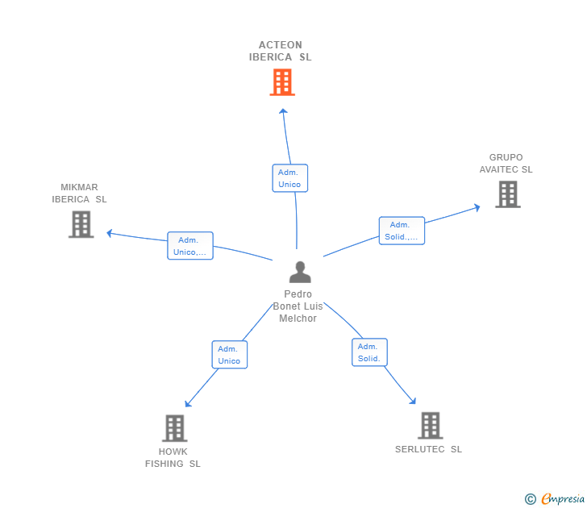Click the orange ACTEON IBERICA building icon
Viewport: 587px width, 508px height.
coord(282,82)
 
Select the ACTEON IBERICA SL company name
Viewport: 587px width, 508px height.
coord(280,52)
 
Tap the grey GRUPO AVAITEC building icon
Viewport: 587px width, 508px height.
coord(507,194)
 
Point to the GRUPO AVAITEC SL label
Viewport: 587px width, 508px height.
coord(506,164)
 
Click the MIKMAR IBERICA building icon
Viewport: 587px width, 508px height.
coord(81,224)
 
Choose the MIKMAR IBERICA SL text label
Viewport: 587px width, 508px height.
coord(79,194)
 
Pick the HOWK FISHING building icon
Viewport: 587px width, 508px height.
coord(174,428)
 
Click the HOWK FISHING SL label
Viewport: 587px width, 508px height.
coord(173,458)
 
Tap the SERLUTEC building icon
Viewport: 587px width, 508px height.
coord(431,425)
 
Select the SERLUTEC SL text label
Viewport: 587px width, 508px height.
coord(428,449)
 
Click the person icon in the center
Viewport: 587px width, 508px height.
coord(299,273)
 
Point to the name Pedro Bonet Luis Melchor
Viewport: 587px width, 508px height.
coord(298,306)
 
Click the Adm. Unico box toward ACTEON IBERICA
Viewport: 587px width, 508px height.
coord(289,178)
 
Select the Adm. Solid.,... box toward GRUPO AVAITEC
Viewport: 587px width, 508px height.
coord(402,231)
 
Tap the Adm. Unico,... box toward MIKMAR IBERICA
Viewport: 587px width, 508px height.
coord(190,246)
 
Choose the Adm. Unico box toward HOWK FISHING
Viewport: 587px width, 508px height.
coord(229,355)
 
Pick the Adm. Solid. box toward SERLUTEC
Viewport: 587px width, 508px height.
coord(369,352)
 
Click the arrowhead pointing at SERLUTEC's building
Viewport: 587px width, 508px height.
coord(413,401)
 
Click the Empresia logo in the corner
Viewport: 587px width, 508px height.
coord(556,499)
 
